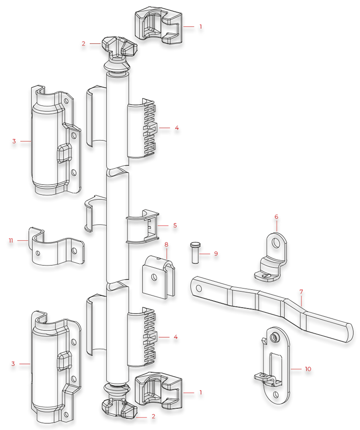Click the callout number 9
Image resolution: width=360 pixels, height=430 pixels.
pyautogui.click(x=216, y=253)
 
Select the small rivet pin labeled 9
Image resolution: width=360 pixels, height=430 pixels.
pyautogui.click(x=195, y=253)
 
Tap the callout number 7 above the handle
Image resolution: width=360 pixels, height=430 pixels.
pyautogui.click(x=301, y=291)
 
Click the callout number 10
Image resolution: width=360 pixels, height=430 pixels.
pyautogui.click(x=308, y=369)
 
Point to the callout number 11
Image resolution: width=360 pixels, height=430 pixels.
pyautogui.click(x=11, y=240)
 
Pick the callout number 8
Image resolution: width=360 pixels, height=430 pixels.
pyautogui.click(x=166, y=244)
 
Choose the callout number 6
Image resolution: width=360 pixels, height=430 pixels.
pyautogui.click(x=276, y=217)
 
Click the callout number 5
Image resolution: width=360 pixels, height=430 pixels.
pyautogui.click(x=175, y=226)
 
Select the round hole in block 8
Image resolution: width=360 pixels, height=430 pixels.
pyautogui.click(x=154, y=277)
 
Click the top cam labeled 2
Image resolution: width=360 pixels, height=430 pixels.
pyautogui.click(x=119, y=53)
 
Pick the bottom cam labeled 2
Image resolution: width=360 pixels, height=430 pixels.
pyautogui.click(x=120, y=400)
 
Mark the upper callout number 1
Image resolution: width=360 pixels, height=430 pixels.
pyautogui.click(x=201, y=27)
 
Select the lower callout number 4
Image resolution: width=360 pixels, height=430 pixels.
pyautogui.click(x=175, y=337)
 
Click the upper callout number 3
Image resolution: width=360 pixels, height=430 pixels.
pyautogui.click(x=14, y=141)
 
